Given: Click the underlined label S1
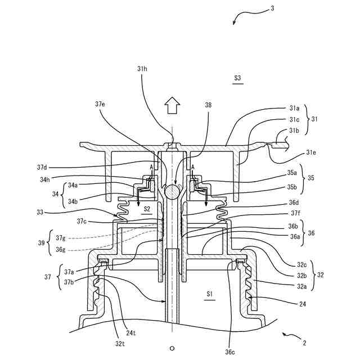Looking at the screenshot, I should pyautogui.click(x=209, y=294).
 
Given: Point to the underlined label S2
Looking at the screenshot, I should pyautogui.click(x=147, y=209).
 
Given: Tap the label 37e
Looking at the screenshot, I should pyautogui.click(x=100, y=104).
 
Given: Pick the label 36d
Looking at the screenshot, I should pyautogui.click(x=294, y=204).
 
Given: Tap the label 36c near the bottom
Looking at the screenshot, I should pyautogui.click(x=230, y=352).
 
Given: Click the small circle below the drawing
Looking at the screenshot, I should pyautogui.click(x=173, y=347).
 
